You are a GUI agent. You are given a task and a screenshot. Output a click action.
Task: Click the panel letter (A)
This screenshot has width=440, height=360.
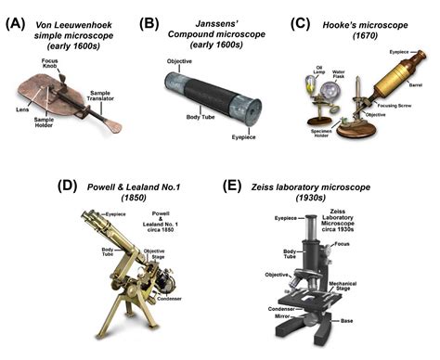coord(16,13)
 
